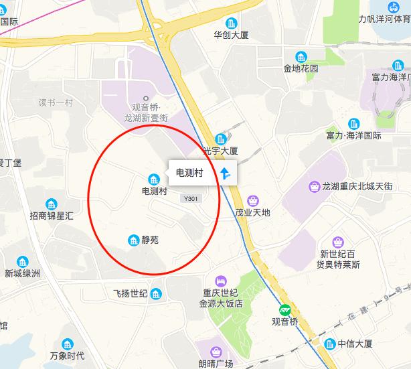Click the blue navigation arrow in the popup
(225, 173)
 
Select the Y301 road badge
(191, 198)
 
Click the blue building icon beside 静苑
(133, 240)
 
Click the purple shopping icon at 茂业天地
(252, 200)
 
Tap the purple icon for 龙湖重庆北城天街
(313, 186)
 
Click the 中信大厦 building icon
(329, 344)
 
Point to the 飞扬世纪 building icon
(156, 293)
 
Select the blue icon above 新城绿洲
(23, 261)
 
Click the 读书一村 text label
(55, 102)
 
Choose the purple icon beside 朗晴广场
(216, 351)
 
